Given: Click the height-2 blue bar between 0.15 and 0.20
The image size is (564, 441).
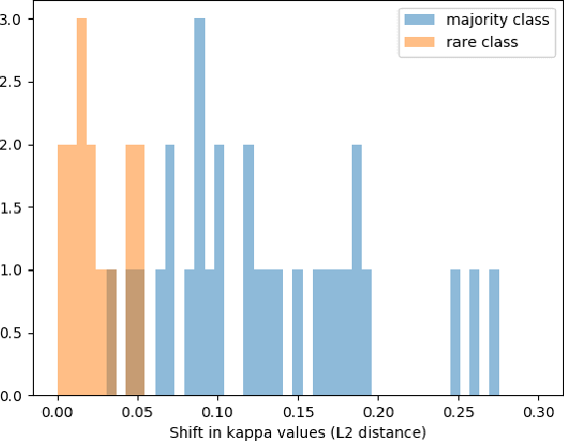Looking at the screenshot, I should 357,269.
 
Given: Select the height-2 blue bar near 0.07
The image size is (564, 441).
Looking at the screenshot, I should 170,269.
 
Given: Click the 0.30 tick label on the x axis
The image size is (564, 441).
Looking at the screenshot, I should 538,410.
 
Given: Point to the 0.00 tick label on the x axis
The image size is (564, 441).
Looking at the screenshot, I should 58,410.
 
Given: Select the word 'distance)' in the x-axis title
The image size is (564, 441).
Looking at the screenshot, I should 395,432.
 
